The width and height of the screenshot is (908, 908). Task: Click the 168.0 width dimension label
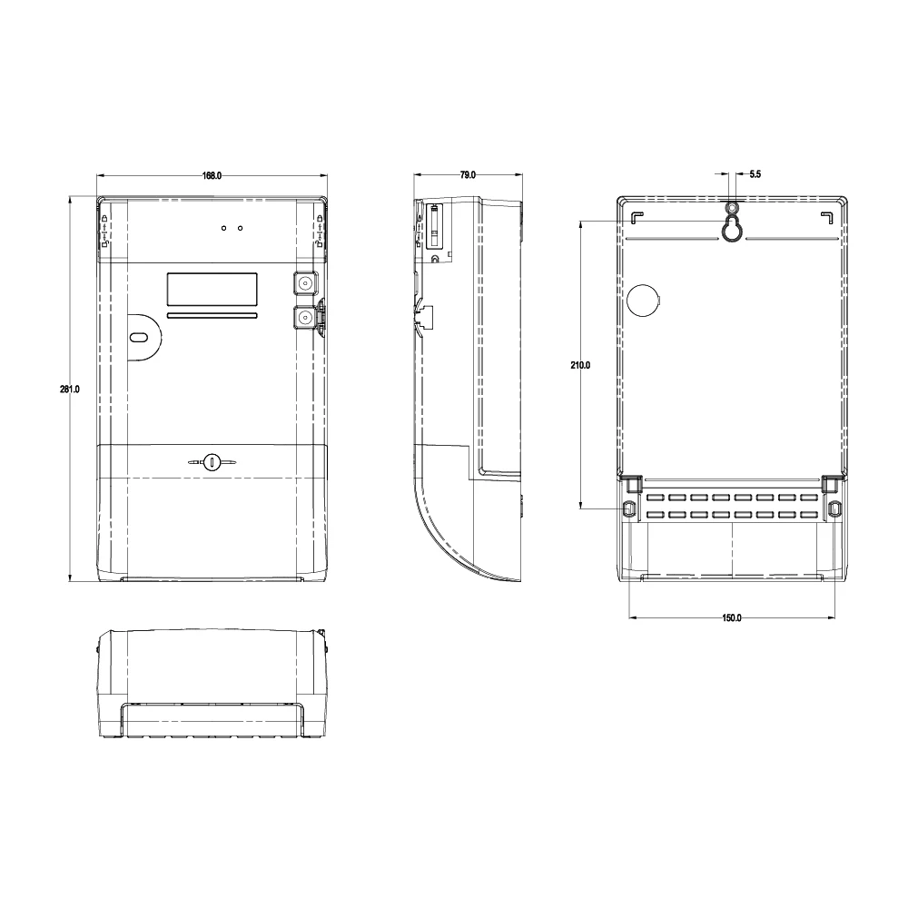point(212,175)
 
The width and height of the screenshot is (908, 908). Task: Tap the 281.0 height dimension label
point(70,390)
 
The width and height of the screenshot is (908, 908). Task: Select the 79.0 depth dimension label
point(468,175)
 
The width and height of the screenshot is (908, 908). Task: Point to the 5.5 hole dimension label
point(755,174)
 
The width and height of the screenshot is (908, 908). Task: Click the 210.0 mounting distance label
point(580,365)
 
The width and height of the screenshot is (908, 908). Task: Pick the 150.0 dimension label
point(732,617)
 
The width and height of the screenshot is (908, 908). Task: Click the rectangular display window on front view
point(212,290)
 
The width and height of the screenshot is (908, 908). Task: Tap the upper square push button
point(304,283)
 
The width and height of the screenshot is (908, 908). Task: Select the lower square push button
point(304,317)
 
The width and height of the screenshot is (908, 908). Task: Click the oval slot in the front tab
point(138,337)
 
